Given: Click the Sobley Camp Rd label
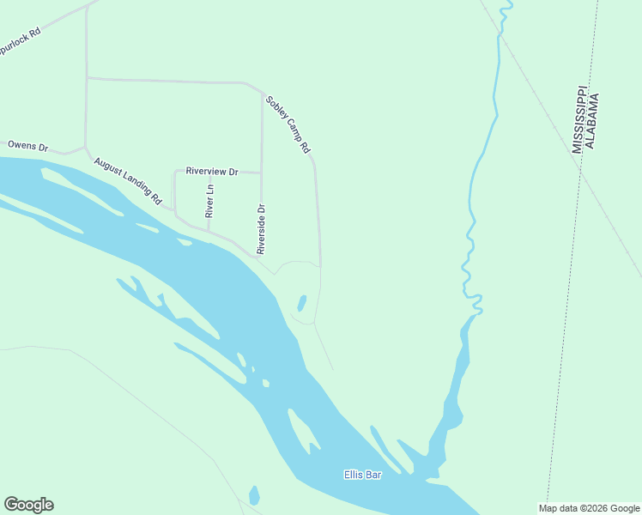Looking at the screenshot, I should click(288, 124).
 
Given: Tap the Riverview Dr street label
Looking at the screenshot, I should click(211, 172).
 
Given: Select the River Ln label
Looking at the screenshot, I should click(209, 200).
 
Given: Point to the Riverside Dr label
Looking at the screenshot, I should click(262, 229).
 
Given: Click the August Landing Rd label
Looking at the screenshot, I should click(128, 179).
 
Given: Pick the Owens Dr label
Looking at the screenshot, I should click(27, 146).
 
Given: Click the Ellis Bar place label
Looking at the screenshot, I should click(361, 474).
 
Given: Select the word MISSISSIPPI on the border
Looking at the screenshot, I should click(578, 119).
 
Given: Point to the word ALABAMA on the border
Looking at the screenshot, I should click(592, 121).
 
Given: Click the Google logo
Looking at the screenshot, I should click(28, 505).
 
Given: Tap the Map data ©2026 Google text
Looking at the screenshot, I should click(589, 508).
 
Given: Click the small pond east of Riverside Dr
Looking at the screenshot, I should click(301, 304).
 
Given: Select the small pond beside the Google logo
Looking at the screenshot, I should click(254, 495).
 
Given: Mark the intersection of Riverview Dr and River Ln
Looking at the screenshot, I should click(209, 171).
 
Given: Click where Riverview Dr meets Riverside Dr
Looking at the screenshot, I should click(262, 173).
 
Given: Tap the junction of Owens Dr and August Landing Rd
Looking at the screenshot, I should click(85, 147).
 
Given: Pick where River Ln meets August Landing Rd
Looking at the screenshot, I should click(209, 230).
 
